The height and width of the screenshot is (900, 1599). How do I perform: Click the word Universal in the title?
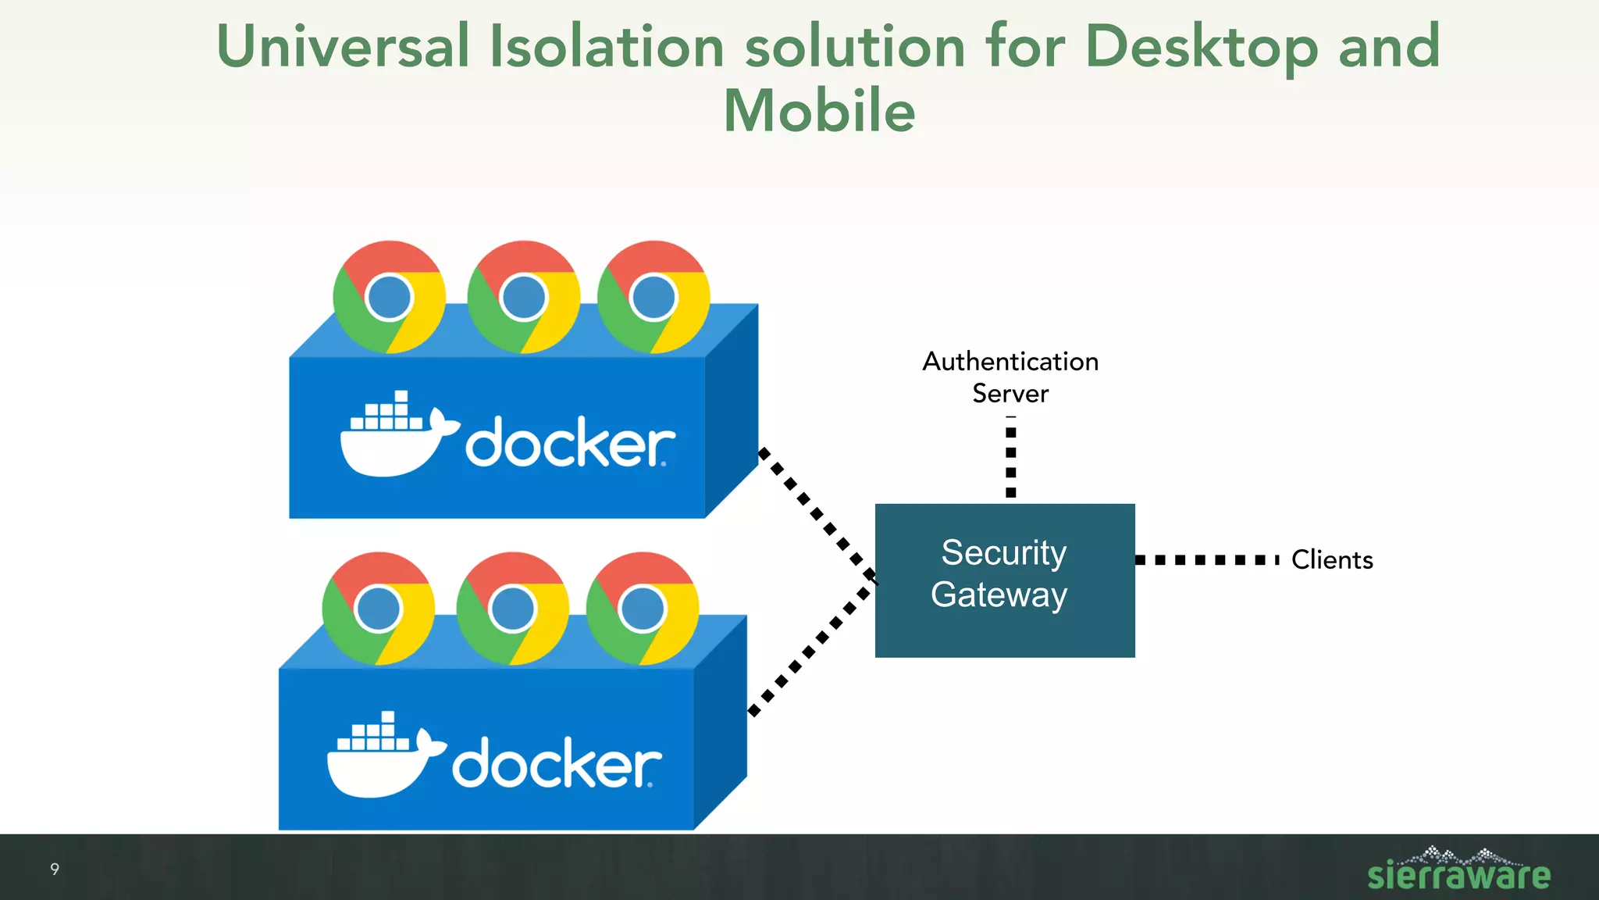click(x=343, y=47)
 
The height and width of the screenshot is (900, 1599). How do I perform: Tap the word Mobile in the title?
click(x=819, y=111)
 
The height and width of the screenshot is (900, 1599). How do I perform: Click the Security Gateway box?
click(x=1004, y=580)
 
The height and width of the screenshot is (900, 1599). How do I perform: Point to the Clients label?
click(x=1331, y=560)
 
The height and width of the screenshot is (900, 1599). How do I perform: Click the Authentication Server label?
click(x=1010, y=377)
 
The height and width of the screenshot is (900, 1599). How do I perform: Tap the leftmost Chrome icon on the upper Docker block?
click(x=389, y=297)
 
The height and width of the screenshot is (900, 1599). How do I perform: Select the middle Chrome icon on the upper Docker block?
click(x=523, y=297)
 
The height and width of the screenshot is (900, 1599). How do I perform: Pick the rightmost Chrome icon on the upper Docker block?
click(x=653, y=297)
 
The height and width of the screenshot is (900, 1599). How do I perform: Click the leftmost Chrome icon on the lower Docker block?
click(x=378, y=609)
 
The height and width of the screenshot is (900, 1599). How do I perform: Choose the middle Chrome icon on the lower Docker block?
click(x=512, y=609)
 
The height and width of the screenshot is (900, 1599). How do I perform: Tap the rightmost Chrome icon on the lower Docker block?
click(x=643, y=609)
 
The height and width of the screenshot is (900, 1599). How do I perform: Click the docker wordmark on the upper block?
click(x=570, y=444)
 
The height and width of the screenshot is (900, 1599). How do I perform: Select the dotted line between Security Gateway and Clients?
click(x=1206, y=560)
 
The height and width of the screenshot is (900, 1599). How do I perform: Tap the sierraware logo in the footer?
click(x=1458, y=871)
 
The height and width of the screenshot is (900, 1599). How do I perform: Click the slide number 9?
click(x=55, y=869)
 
